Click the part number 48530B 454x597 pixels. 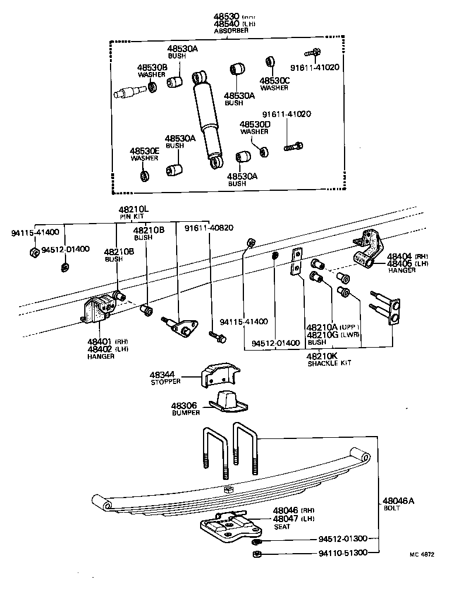(x=152, y=67)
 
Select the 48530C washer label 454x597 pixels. (x=275, y=80)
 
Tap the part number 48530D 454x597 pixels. (x=255, y=124)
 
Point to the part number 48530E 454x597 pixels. (x=145, y=150)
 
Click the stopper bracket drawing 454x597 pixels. (x=222, y=374)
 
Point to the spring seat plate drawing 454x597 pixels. (x=228, y=527)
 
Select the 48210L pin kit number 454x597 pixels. (x=134, y=209)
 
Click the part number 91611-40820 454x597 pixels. (x=209, y=228)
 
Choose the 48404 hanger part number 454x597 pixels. (x=399, y=256)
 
